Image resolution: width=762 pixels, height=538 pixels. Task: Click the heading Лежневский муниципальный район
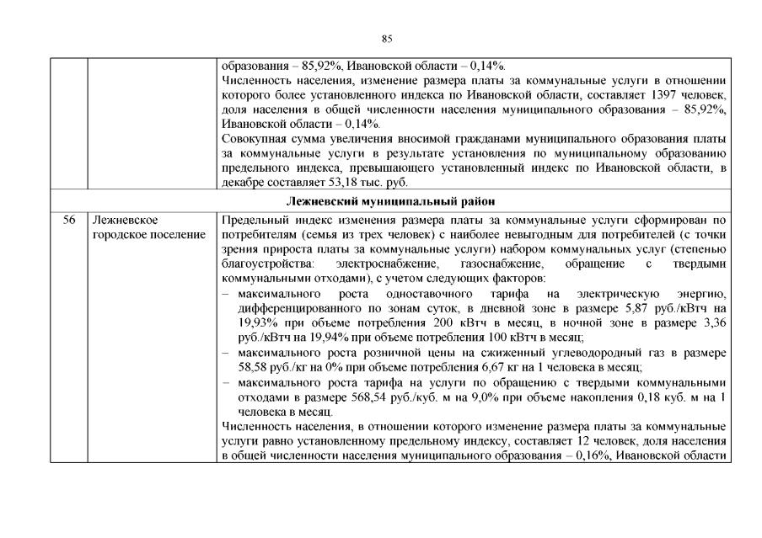(389, 201)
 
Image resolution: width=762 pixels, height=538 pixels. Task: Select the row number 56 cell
(70, 220)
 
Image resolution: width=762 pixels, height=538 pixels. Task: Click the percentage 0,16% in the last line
(583, 455)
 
